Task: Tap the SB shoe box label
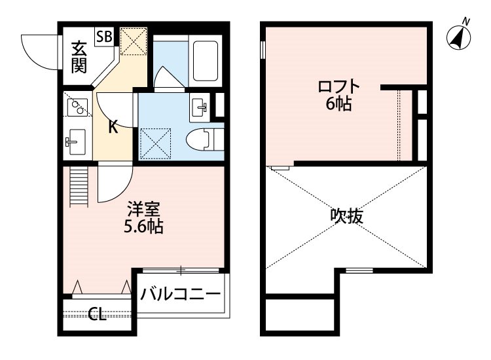103,36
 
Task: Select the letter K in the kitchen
113,127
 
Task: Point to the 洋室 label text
144,211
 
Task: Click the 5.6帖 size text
144,227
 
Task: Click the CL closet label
97,315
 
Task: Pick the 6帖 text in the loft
339,104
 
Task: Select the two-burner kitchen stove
77,106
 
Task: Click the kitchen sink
77,139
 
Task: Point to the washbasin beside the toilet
200,104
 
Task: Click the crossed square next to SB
134,43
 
